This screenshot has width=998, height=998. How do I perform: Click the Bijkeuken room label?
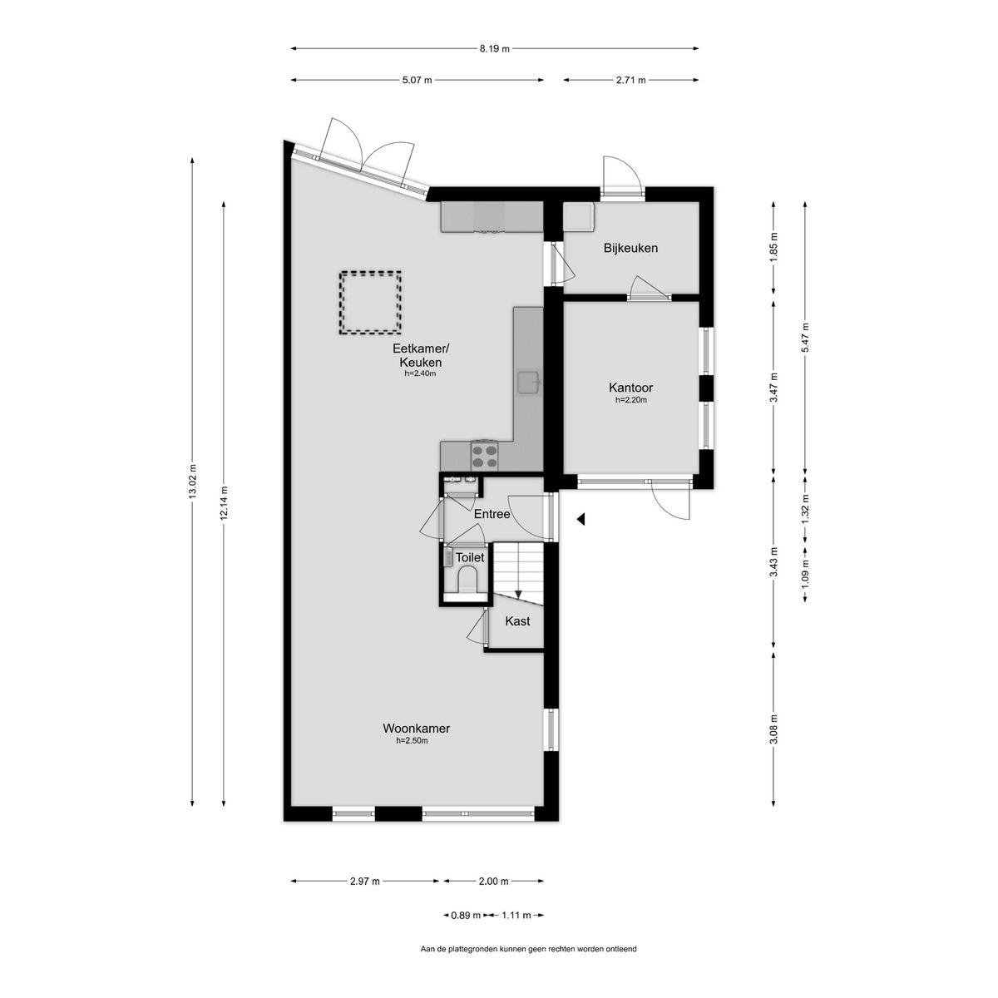[630, 248]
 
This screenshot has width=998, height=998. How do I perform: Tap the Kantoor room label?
[630, 388]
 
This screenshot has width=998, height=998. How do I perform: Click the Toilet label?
[470, 557]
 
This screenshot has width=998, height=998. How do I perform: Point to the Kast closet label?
[517, 621]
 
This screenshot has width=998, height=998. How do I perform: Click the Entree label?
[492, 515]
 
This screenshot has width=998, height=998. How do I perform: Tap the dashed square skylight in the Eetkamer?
[370, 303]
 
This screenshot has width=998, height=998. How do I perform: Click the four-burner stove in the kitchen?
[485, 455]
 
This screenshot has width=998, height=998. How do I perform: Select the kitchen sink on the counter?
[528, 382]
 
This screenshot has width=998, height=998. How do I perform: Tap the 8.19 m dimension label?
[494, 48]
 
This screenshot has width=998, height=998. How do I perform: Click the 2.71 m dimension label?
[630, 80]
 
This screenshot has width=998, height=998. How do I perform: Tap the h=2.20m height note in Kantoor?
[630, 400]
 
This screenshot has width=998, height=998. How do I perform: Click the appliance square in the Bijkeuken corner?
[578, 217]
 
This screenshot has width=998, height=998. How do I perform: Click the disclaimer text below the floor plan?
[528, 949]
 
